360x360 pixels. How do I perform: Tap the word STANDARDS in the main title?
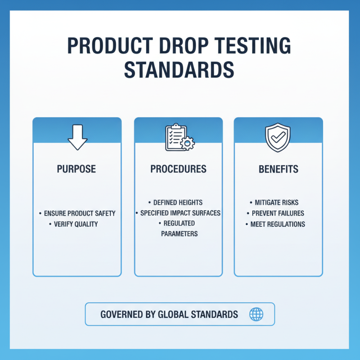(x=179, y=71)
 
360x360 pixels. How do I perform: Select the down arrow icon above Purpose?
(x=77, y=137)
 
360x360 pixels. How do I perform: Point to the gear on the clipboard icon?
(x=187, y=144)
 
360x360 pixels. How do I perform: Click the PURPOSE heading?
(x=76, y=169)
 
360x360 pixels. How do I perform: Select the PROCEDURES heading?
(x=178, y=169)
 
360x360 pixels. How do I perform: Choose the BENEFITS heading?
(x=278, y=169)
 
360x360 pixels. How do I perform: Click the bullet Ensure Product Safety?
(x=79, y=213)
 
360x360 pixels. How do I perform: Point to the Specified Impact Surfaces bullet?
(x=180, y=213)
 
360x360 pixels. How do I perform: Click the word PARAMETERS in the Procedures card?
(x=179, y=234)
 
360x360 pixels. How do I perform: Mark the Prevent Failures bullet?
(x=277, y=213)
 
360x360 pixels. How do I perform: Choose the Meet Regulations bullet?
(x=278, y=224)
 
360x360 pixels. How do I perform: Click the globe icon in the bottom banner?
(x=256, y=314)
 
